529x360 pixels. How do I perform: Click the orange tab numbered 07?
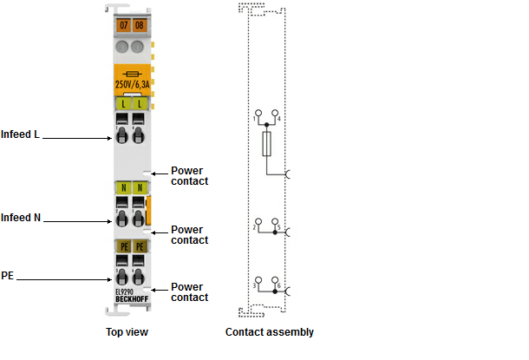click(124, 25)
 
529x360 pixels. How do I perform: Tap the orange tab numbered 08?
click(140, 25)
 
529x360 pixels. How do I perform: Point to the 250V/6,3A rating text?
click(132, 84)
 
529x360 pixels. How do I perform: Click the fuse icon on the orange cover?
click(132, 74)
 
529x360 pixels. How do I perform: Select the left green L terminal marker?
click(123, 104)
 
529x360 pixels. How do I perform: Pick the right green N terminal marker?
click(140, 188)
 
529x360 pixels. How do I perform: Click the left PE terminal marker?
click(124, 246)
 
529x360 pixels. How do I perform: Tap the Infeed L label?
click(20, 134)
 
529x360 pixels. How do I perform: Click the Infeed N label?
click(21, 218)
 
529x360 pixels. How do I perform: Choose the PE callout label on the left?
click(8, 276)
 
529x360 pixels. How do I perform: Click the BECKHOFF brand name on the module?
click(132, 299)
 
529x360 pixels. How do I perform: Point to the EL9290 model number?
click(125, 292)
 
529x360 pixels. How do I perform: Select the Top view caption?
click(127, 332)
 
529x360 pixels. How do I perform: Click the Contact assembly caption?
click(270, 332)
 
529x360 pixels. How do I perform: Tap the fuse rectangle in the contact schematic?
click(266, 144)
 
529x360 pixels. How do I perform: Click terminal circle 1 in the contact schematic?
click(258, 113)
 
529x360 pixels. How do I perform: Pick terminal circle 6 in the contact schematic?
click(275, 280)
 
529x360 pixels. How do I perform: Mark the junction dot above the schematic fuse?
click(266, 125)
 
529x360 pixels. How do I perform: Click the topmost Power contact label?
click(189, 176)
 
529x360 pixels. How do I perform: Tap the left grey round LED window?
click(122, 47)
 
